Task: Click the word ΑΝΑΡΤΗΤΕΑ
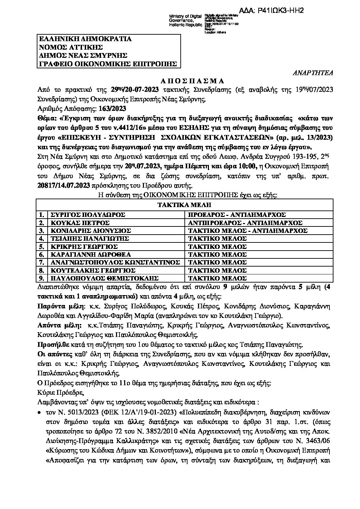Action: click(x=313, y=73)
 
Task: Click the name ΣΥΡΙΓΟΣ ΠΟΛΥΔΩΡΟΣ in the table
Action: click(x=87, y=215)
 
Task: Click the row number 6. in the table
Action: click(x=42, y=254)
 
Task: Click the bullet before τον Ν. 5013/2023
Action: click(x=40, y=412)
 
